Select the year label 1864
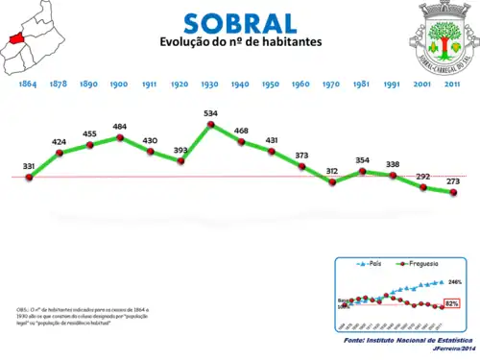click(28, 84)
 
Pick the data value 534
click(211, 114)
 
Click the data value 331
click(29, 167)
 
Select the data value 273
click(452, 180)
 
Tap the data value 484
click(120, 127)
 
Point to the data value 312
click(332, 171)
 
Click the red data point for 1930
click(211, 126)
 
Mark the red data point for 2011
click(453, 192)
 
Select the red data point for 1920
click(180, 160)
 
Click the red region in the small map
click(16, 37)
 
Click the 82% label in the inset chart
click(453, 303)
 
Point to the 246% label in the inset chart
click(455, 282)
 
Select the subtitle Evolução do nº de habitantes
click(240, 44)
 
